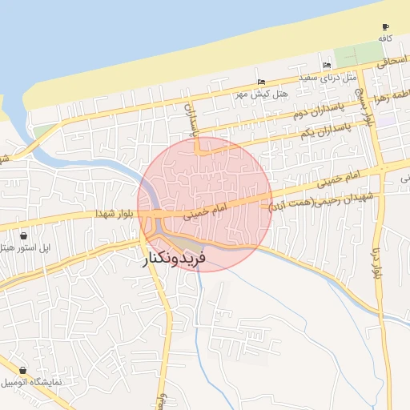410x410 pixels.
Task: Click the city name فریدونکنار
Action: click(x=175, y=259)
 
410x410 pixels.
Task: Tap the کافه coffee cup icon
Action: click(x=386, y=26)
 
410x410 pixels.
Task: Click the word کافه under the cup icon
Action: click(x=386, y=38)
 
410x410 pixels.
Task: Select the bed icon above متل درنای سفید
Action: click(x=326, y=66)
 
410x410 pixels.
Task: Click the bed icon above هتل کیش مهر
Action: click(x=262, y=82)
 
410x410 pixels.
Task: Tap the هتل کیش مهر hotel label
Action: click(x=261, y=94)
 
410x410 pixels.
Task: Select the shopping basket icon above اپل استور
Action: click(x=23, y=236)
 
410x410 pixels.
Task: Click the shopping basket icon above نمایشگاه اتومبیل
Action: click(x=22, y=371)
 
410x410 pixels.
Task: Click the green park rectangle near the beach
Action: click(x=348, y=57)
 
